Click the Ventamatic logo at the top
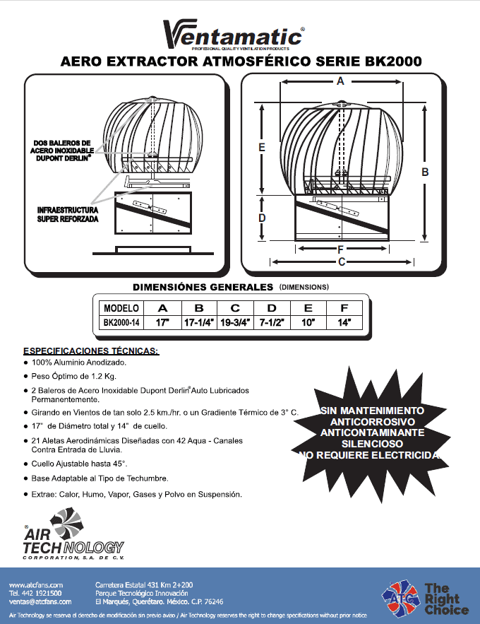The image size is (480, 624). (233, 34)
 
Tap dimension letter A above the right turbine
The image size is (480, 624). (340, 81)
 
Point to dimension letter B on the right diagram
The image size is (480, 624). (426, 172)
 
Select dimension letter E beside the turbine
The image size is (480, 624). (261, 148)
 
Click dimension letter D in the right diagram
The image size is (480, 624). (262, 218)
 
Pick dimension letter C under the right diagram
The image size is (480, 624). (341, 262)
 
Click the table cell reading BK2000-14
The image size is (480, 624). (121, 322)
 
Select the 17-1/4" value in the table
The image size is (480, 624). (199, 322)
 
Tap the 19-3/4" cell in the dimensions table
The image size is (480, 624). (236, 322)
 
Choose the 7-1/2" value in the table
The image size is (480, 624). (272, 322)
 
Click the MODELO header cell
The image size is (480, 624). (121, 308)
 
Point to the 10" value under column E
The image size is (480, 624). (308, 322)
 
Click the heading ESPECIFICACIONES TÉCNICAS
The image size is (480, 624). (91, 351)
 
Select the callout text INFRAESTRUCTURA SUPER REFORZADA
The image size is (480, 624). (68, 215)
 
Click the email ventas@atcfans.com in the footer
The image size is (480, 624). (40, 601)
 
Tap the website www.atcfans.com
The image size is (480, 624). (36, 585)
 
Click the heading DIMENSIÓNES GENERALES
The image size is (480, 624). (203, 287)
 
